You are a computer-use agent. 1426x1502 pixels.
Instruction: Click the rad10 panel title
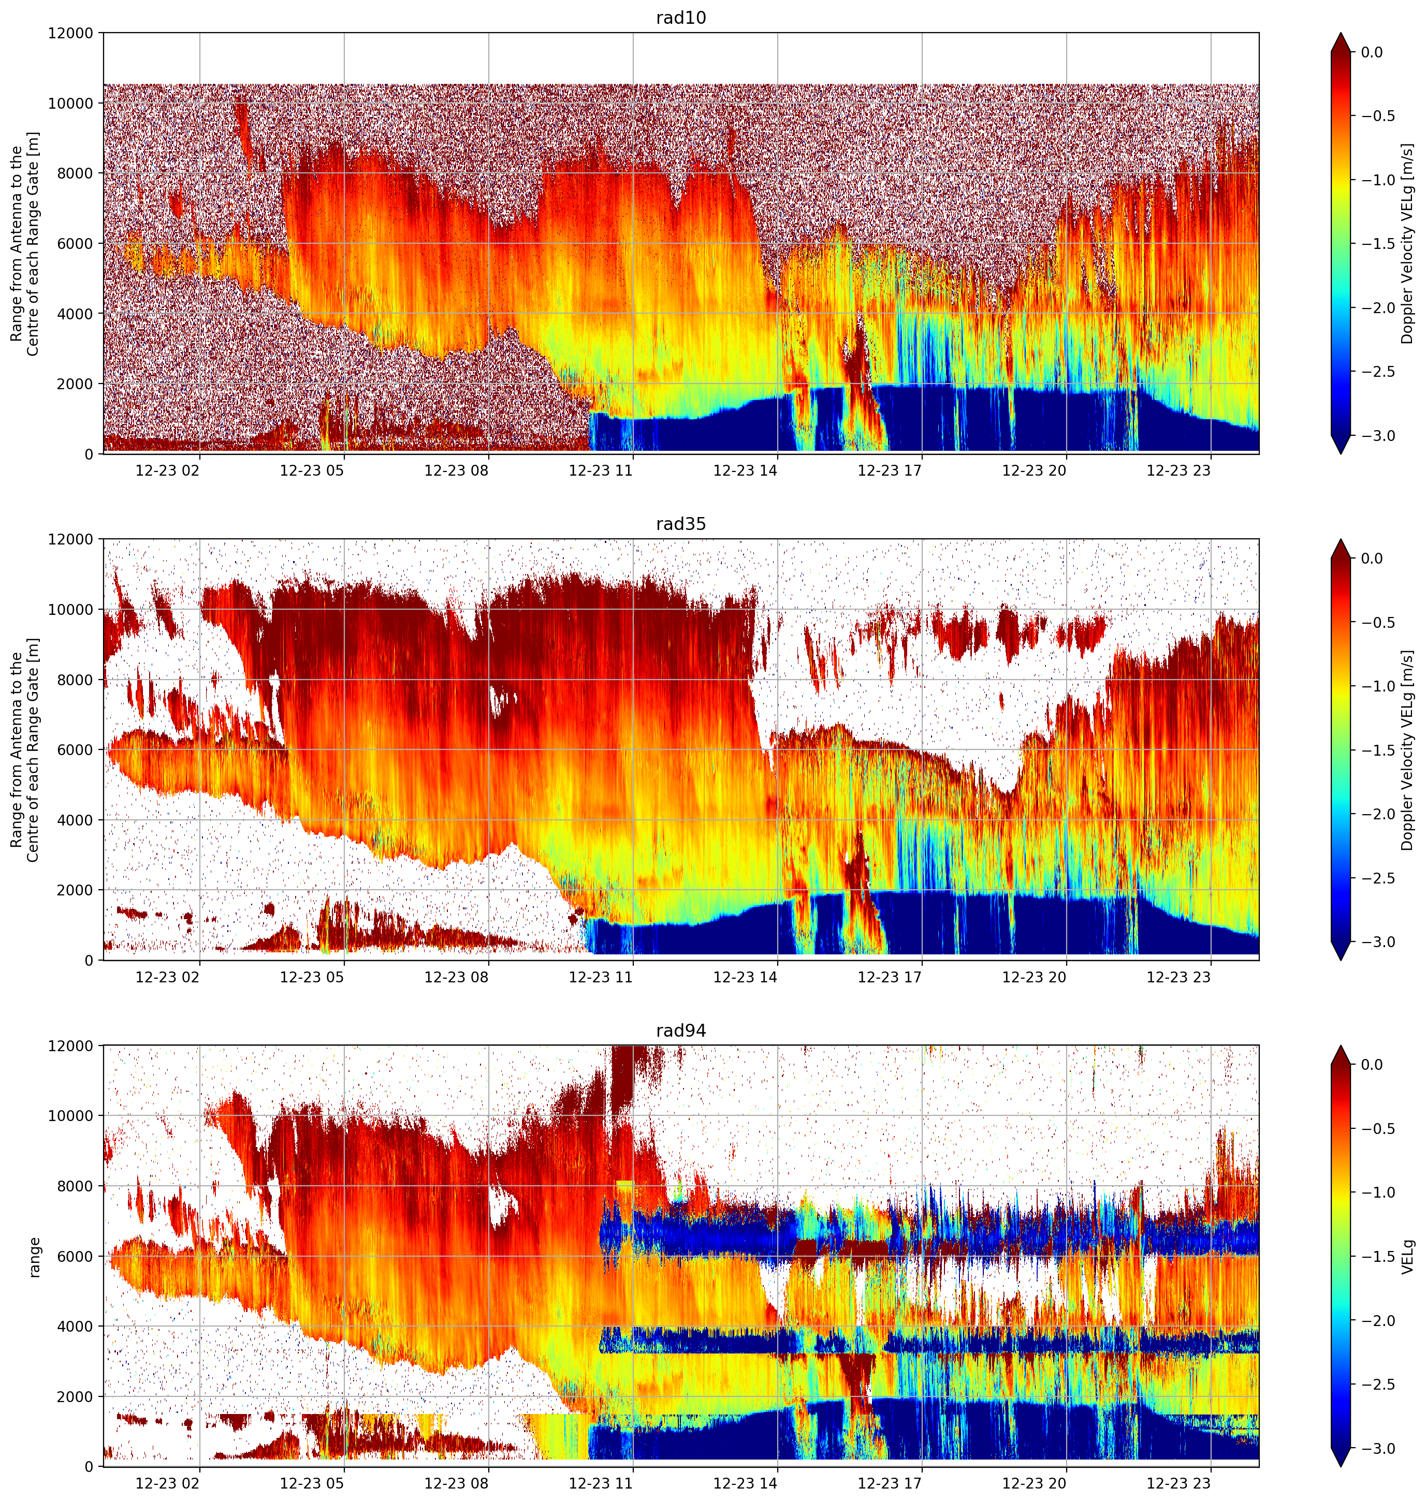click(680, 18)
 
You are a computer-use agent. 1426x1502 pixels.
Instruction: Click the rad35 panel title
click(680, 524)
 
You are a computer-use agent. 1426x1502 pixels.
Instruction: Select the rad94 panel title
click(680, 1031)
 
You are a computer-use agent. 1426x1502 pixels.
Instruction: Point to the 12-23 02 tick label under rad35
click(167, 977)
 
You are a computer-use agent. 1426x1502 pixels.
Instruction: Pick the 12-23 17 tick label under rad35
click(890, 977)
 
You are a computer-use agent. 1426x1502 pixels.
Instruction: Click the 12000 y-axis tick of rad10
click(71, 34)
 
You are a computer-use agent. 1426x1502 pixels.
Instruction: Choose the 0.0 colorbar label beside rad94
click(1372, 1065)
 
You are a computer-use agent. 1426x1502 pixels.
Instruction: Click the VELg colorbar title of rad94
click(1408, 1257)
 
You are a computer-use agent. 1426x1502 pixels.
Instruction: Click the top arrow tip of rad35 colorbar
click(1341, 539)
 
